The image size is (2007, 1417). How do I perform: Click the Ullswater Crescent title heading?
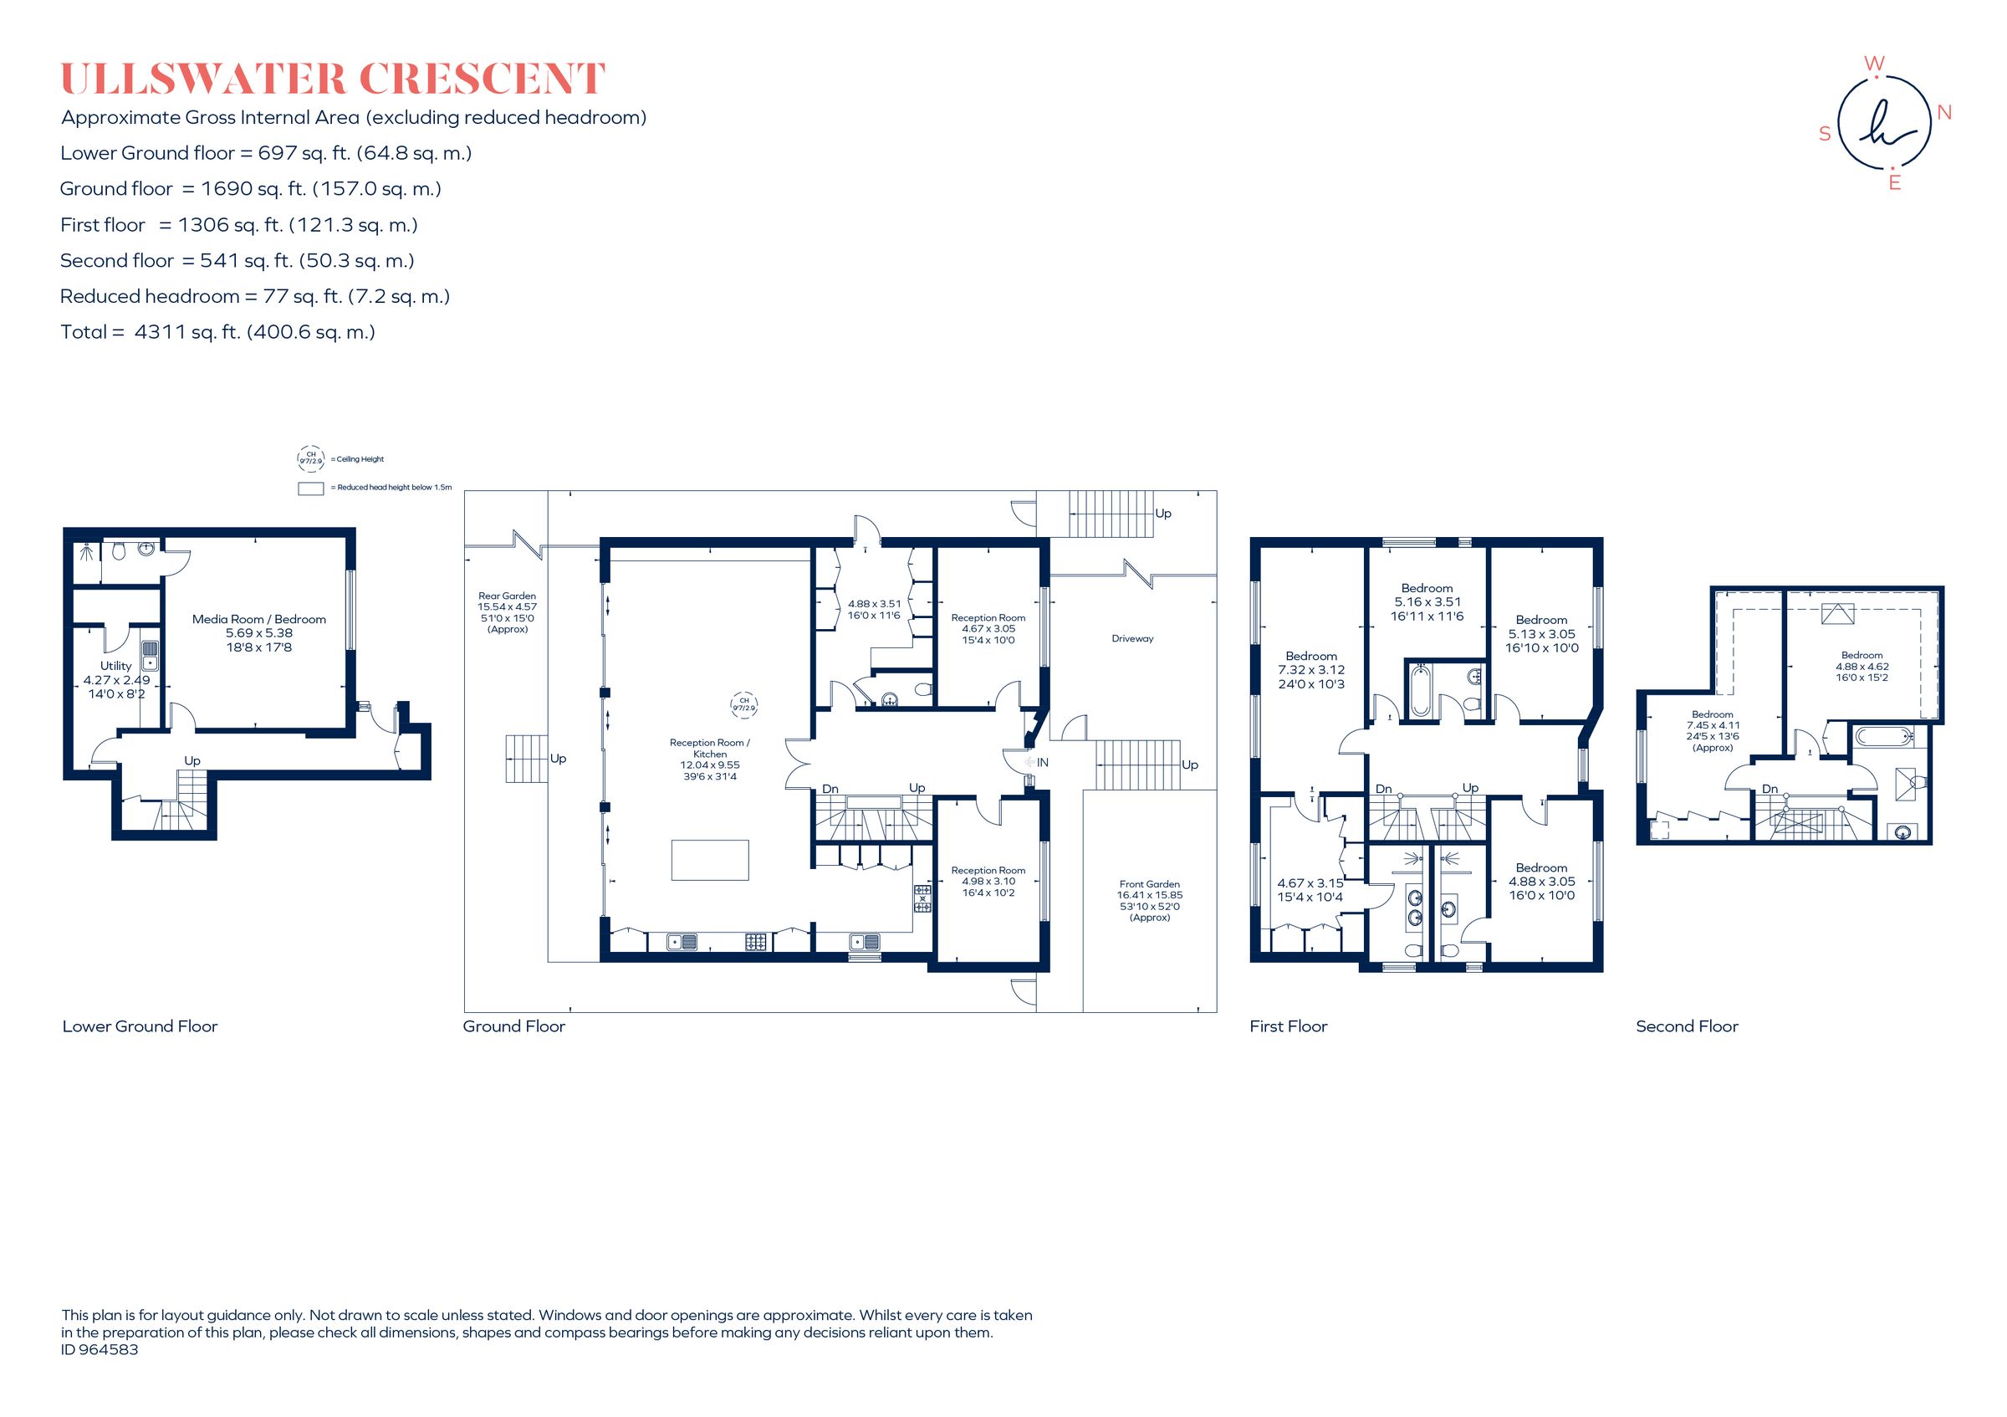pos(332,79)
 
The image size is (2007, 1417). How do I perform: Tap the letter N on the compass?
pos(1945,113)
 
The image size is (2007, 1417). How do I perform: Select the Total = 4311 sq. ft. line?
pos(217,332)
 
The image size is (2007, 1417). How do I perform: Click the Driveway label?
pos(1132,639)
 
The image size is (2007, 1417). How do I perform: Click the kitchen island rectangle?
pos(710,859)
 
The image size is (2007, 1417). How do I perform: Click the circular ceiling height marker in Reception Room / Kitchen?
pos(744,703)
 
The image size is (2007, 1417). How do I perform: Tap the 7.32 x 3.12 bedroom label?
pos(1311,669)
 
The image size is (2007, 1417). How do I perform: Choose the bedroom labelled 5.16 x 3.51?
pos(1427,602)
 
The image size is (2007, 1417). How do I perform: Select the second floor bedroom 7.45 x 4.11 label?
pos(1713,731)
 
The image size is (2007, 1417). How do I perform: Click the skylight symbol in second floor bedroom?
pos(1837,614)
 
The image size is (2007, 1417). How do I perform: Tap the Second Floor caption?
pos(1687,1026)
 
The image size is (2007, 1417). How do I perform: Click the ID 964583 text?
pos(100,1350)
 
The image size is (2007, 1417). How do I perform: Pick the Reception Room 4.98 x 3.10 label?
pos(988,881)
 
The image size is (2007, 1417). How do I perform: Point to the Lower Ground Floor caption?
pos(140,1026)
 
